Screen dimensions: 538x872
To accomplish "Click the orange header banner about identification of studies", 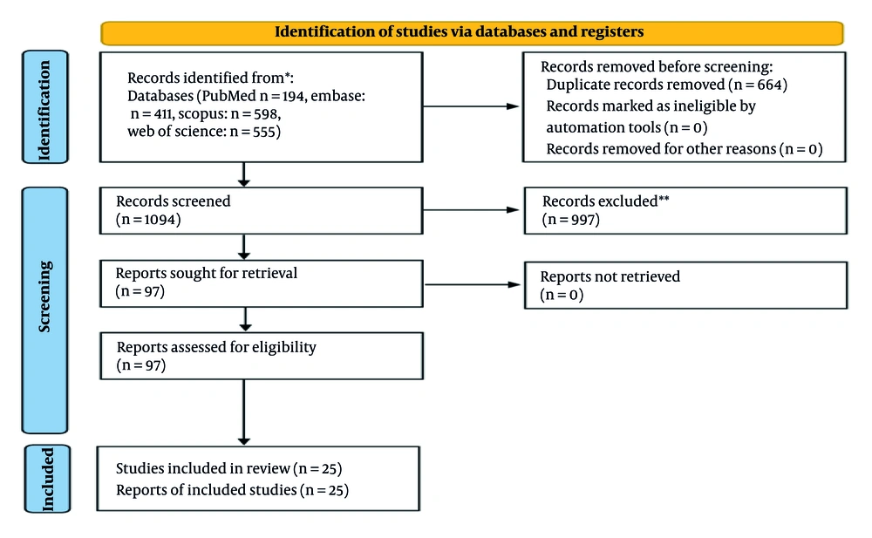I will (x=472, y=32).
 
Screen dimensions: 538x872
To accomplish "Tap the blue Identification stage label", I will (x=45, y=106).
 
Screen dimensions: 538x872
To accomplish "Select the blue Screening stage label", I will (x=45, y=310).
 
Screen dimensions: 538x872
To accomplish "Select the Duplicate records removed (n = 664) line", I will (x=666, y=85).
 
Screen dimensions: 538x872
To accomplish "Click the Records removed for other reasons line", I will (x=684, y=149).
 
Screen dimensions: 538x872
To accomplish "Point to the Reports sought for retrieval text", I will (x=207, y=274).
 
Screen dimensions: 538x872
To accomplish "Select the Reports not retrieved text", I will (x=610, y=276).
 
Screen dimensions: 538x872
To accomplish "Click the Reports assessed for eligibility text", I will (x=216, y=347).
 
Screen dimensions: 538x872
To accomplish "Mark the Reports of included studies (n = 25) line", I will (x=232, y=490).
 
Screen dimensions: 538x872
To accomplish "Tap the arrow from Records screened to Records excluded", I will (x=472, y=209).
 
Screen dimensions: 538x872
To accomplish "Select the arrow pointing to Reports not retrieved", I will (x=472, y=283).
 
